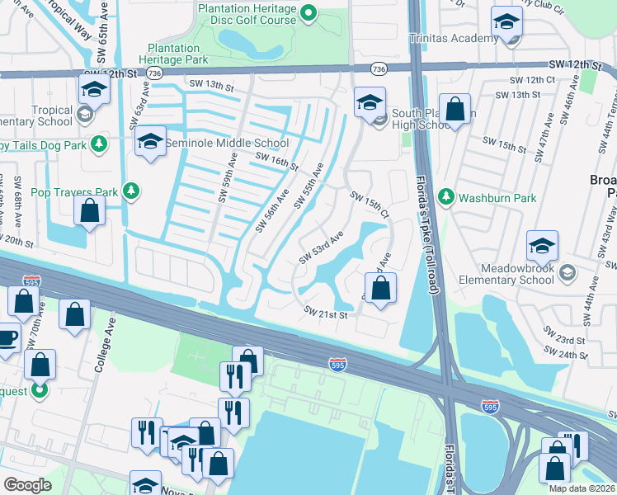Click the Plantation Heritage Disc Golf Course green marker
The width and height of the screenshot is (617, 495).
[x=308, y=12]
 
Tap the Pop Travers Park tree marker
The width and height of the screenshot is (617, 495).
[x=130, y=191]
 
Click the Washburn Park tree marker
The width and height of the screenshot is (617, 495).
[x=446, y=197]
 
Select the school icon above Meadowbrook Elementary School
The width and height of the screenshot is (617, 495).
[x=542, y=247]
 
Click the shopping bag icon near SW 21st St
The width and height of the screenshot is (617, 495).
[x=380, y=289]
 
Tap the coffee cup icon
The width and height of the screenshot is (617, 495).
[x=7, y=337]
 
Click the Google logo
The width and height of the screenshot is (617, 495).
[x=28, y=484]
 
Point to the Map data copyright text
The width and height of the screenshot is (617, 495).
[x=582, y=488]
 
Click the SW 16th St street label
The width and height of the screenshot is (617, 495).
[x=276, y=161]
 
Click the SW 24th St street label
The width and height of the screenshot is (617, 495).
[x=568, y=355]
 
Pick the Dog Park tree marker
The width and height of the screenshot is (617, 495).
[x=98, y=144]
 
